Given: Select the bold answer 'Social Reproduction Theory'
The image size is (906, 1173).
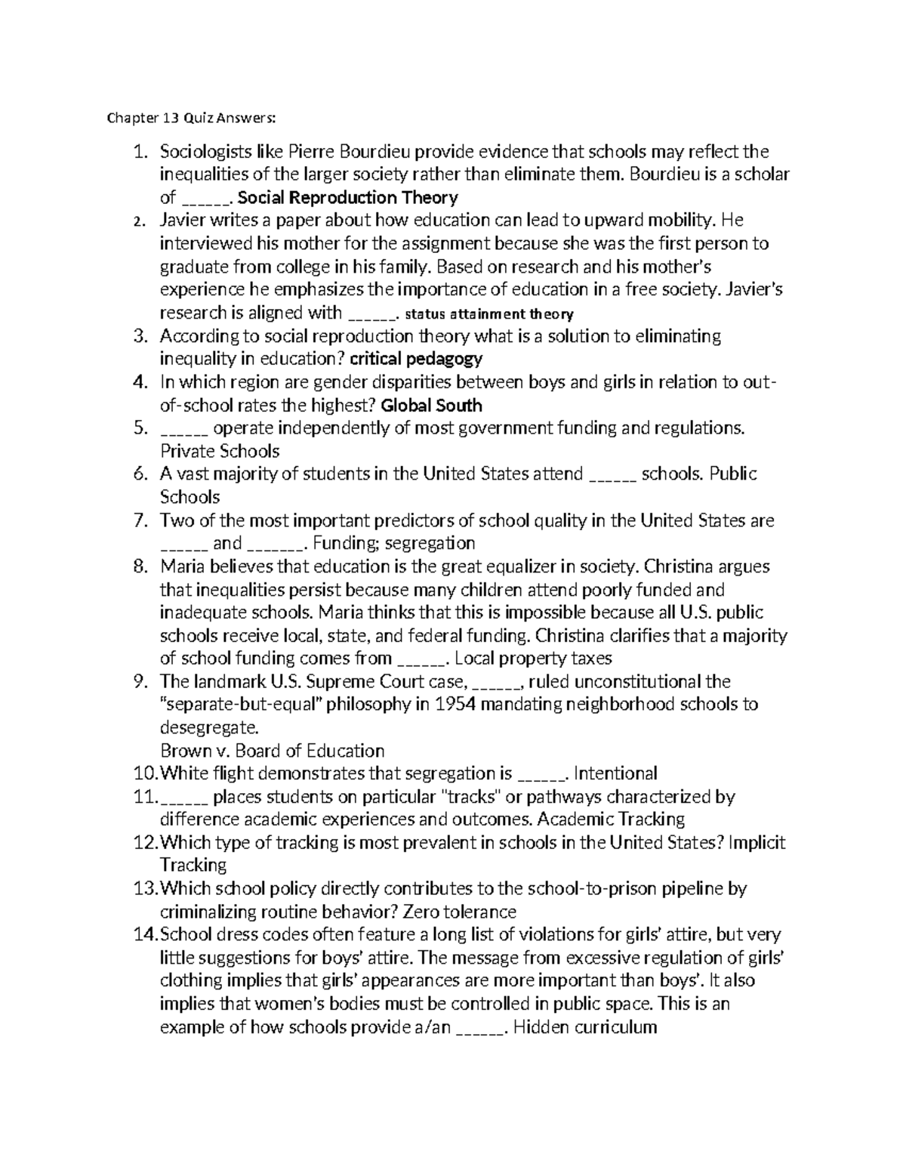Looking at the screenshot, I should [347, 198].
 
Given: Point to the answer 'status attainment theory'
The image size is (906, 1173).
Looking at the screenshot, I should [489, 313].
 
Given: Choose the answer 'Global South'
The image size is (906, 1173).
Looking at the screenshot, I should [432, 405].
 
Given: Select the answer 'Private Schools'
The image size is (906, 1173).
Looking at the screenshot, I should [220, 452].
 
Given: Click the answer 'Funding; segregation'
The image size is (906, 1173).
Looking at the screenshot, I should [393, 543].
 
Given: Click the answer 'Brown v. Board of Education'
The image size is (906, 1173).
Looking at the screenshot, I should [273, 751].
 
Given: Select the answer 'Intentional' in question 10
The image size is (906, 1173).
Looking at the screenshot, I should [615, 773].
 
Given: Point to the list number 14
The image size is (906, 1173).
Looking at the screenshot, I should [143, 935].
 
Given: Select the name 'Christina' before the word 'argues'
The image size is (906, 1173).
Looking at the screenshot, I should [686, 566].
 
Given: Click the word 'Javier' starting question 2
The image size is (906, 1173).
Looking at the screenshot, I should [182, 221].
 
